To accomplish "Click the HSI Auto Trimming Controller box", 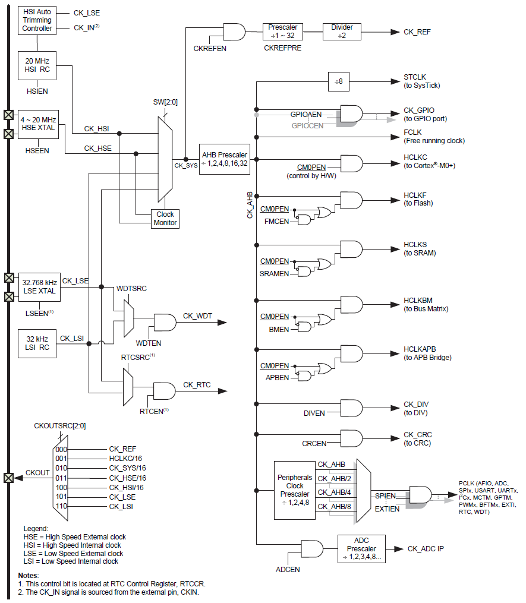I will pyautogui.click(x=37, y=20).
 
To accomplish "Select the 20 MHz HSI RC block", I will pyautogui.click(x=37, y=66).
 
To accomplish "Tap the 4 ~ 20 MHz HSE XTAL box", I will pyautogui.click(x=37, y=123).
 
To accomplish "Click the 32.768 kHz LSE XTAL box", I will pyautogui.click(x=39, y=286).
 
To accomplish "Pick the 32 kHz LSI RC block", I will pyautogui.click(x=37, y=343).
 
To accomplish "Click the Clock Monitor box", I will pyautogui.click(x=165, y=218).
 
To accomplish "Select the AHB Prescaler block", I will pyautogui.click(x=224, y=159).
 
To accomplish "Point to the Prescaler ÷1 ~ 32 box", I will pyautogui.click(x=283, y=31).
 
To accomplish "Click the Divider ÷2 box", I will pyautogui.click(x=342, y=31).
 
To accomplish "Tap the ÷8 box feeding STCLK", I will pyautogui.click(x=339, y=81).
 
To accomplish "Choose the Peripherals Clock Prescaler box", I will pyautogui.click(x=294, y=490).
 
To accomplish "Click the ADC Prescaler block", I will pyautogui.click(x=361, y=548).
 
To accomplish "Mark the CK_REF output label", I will pyautogui.click(x=417, y=32).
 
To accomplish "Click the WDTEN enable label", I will pyautogui.click(x=148, y=343).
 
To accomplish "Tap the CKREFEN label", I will pyautogui.click(x=210, y=48).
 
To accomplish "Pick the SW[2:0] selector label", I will pyautogui.click(x=165, y=102).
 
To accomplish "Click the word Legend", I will pyautogui.click(x=36, y=528).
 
